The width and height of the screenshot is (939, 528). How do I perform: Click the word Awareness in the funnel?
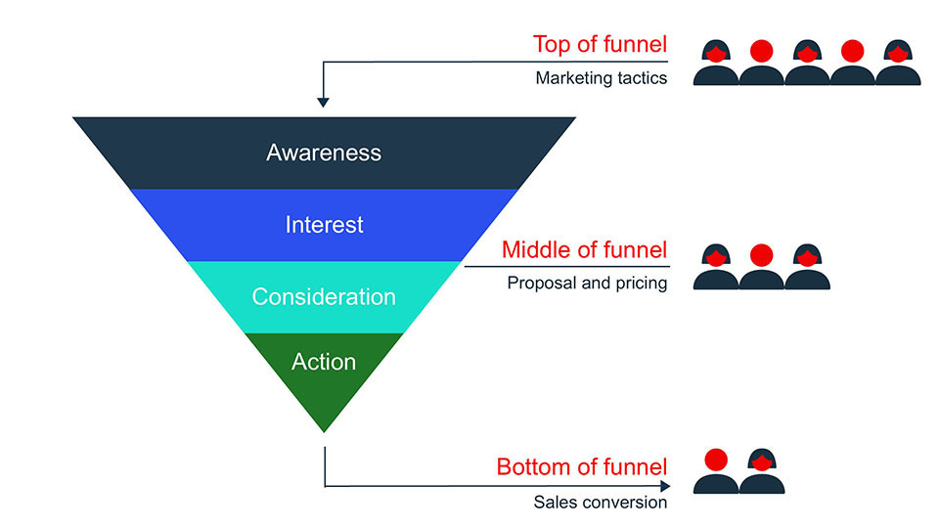[x=324, y=153]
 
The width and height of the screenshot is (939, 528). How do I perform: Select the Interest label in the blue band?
[x=324, y=225]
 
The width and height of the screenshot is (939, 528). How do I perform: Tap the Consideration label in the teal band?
[x=324, y=296]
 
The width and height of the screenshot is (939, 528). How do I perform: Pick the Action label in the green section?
[x=324, y=362]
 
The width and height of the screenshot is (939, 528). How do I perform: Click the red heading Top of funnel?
[x=600, y=44]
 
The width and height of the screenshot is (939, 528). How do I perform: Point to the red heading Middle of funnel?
[x=584, y=250]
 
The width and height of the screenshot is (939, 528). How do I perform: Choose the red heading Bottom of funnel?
[x=582, y=467]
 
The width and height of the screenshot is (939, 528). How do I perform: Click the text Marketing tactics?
[x=601, y=78]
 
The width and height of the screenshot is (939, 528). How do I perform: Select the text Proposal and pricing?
[x=587, y=284]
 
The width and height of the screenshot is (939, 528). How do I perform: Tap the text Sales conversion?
[x=600, y=503]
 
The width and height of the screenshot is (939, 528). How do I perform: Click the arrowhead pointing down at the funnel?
[x=324, y=101]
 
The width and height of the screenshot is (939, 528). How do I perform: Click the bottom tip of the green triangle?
[x=324, y=430]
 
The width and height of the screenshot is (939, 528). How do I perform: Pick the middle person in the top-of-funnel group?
[x=807, y=65]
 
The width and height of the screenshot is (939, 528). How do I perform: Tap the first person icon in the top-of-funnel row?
[x=715, y=65]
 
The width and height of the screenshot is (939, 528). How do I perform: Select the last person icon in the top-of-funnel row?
[x=898, y=65]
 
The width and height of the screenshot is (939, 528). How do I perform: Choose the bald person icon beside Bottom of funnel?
[x=716, y=472]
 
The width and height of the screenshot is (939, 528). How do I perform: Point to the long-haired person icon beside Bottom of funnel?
[x=762, y=472]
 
